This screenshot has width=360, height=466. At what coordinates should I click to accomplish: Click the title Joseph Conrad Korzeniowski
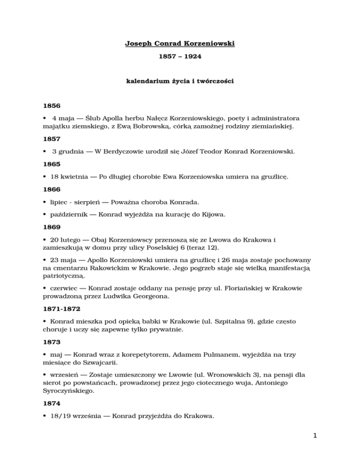180,45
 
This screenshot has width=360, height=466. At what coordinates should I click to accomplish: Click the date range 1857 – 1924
180,61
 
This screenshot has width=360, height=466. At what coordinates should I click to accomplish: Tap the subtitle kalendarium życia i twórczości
180,81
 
